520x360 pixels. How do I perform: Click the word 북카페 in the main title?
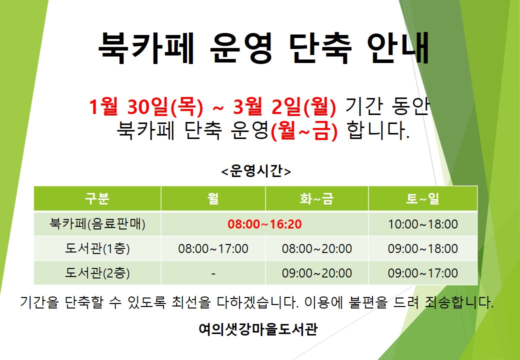pyautogui.click(x=146, y=48)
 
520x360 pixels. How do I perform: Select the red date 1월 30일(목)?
pyautogui.click(x=146, y=106)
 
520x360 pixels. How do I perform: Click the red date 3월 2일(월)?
pyautogui.click(x=284, y=106)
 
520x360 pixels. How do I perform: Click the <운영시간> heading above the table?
pyautogui.click(x=256, y=171)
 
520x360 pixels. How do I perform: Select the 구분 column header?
pyautogui.click(x=97, y=198)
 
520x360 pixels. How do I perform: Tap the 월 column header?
pyautogui.click(x=213, y=198)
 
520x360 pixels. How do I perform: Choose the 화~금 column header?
pyautogui.click(x=316, y=198)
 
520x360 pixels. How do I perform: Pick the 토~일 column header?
pyautogui.click(x=423, y=198)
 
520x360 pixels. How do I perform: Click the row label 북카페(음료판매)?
pyautogui.click(x=97, y=224)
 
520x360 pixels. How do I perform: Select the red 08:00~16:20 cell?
pyautogui.click(x=264, y=224)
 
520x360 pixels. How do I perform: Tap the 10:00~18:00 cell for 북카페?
pyautogui.click(x=423, y=224)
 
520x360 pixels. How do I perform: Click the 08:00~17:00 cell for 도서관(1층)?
pyautogui.click(x=213, y=248)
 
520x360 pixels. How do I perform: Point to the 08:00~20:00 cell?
pyautogui.click(x=316, y=248)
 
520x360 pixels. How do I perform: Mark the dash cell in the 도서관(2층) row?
pyautogui.click(x=213, y=273)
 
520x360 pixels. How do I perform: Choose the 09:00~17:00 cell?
pyautogui.click(x=423, y=273)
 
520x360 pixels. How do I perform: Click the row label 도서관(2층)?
pyautogui.click(x=97, y=273)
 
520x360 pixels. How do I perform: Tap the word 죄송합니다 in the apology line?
pyautogui.click(x=458, y=302)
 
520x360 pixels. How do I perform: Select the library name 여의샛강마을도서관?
pyautogui.click(x=258, y=329)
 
